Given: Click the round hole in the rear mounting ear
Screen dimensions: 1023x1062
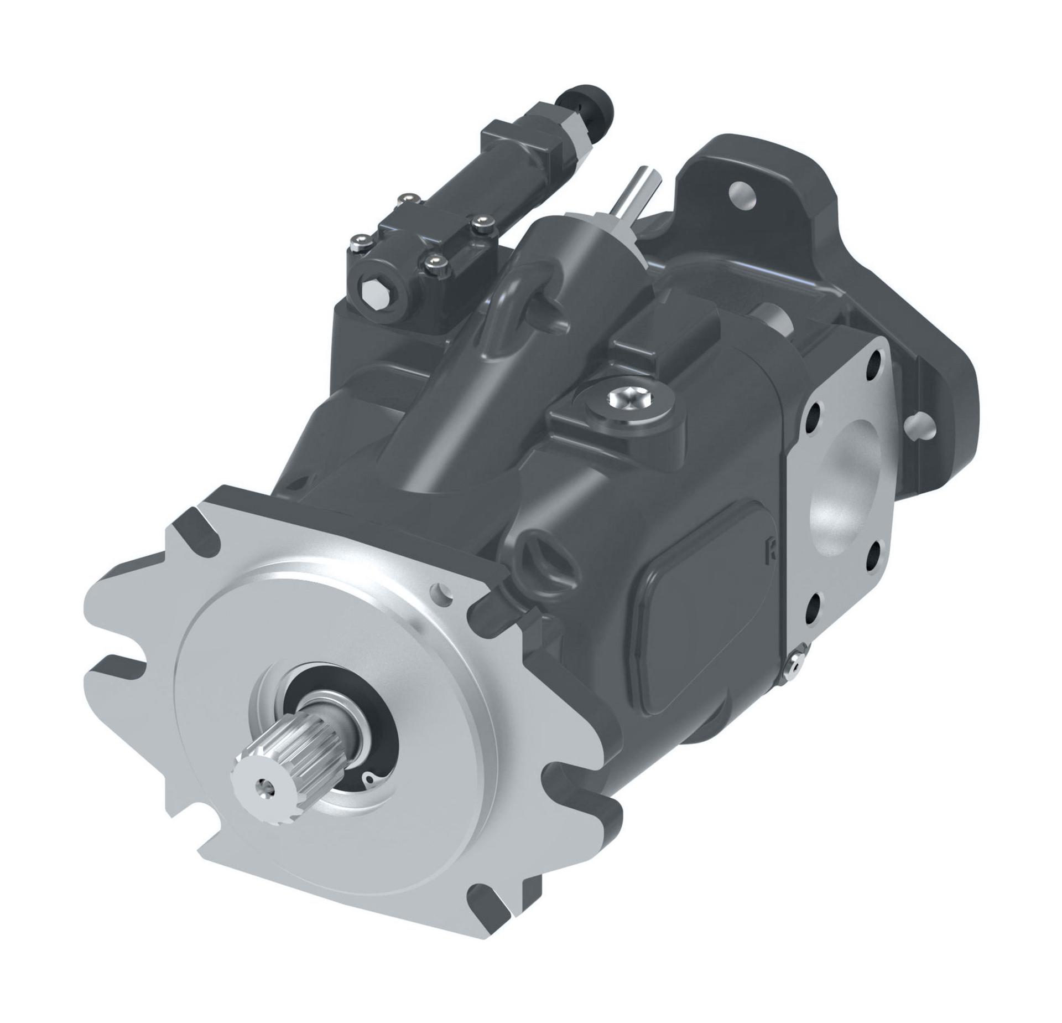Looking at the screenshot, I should [743, 194].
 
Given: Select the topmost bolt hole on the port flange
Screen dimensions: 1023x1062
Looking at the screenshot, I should [878, 359].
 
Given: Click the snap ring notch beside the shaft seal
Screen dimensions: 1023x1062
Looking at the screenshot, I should [369, 778].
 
